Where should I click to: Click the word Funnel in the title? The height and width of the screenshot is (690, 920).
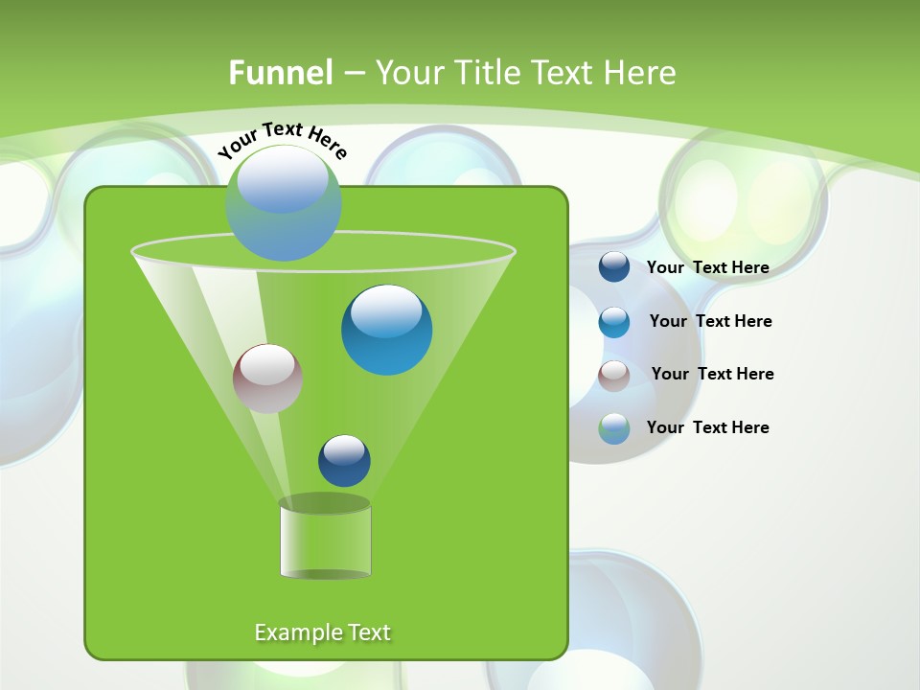coord(280,73)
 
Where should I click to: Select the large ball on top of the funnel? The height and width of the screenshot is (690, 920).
coord(284,203)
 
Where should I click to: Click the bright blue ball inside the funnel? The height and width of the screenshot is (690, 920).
coord(386,330)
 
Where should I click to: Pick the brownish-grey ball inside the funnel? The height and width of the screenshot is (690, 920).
coord(267,379)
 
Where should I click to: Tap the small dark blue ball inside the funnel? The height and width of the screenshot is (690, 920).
coord(344,461)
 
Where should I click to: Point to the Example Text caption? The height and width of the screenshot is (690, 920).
coord(323,632)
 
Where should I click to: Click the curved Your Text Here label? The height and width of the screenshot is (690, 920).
coord(282,140)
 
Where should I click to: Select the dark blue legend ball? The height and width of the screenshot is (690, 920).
coord(614,267)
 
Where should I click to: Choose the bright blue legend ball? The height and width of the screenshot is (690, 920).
coord(614,321)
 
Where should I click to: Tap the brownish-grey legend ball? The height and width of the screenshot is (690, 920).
coord(614,375)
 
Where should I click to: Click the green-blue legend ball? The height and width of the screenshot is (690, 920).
coord(614,428)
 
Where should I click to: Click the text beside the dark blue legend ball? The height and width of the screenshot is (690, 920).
coord(707,267)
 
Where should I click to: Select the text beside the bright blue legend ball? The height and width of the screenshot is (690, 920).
coord(710,321)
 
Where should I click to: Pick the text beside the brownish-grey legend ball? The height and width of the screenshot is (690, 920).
coord(712,374)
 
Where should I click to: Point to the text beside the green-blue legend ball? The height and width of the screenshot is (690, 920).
coord(707,427)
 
